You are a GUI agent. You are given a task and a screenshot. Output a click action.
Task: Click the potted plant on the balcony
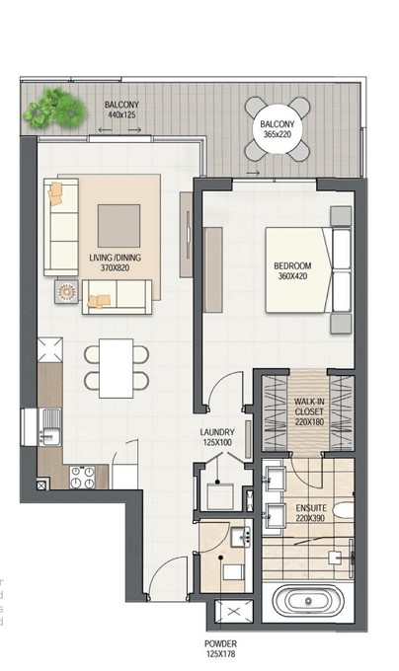(55, 109)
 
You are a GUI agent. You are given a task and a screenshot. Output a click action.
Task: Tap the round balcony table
(278, 129)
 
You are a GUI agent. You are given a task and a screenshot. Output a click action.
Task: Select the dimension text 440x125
(121, 114)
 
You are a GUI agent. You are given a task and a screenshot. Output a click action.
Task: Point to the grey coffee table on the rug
(120, 226)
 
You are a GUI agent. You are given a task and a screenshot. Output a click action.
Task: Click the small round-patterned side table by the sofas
(66, 292)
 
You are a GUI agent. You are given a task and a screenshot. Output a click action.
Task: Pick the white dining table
(116, 368)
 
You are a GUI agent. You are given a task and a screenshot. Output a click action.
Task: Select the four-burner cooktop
(82, 478)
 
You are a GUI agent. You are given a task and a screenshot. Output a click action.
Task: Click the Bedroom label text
(292, 265)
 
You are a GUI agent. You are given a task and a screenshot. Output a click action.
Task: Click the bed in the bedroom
(308, 270)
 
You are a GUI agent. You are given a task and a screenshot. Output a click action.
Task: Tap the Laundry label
(217, 432)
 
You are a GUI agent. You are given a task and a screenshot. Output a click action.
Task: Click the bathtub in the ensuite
(308, 601)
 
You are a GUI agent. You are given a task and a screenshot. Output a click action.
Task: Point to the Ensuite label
(311, 508)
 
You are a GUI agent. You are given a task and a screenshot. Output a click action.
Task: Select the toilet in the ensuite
(344, 510)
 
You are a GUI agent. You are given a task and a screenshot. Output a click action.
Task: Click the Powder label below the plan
(220, 643)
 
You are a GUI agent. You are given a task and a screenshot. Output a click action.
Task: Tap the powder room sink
(241, 538)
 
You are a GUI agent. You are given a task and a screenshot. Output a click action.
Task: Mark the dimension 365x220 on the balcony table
(278, 134)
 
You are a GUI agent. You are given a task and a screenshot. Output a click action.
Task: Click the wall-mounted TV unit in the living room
(187, 234)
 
